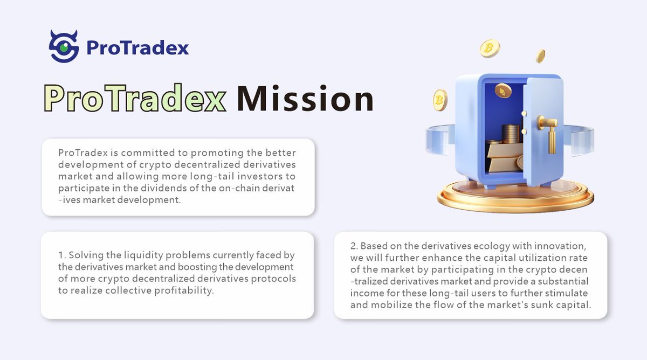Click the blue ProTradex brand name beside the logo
pos(137,48)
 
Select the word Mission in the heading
pos(305,99)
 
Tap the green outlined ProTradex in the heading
pos(135,99)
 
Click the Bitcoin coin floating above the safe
pos(490,49)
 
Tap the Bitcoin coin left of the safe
pos(440,100)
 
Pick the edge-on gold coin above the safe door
pos(540,56)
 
